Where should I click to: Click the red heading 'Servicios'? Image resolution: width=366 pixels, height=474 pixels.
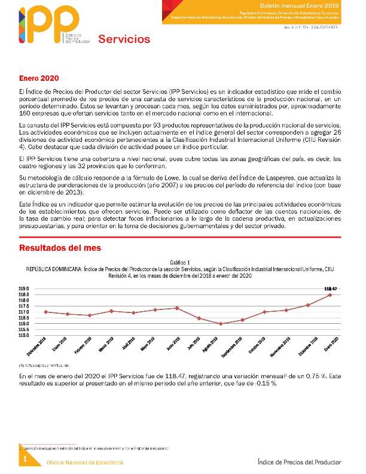pyautogui.click(x=124, y=39)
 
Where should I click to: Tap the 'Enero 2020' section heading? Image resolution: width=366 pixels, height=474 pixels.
pyautogui.click(x=39, y=78)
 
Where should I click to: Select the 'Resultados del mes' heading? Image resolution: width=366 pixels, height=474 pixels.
pyautogui.click(x=60, y=247)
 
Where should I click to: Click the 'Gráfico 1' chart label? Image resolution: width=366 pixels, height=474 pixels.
pyautogui.click(x=179, y=263)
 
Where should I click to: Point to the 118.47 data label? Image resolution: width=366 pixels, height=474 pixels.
pyautogui.click(x=331, y=289)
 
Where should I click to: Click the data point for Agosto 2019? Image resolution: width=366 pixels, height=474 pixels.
pyautogui.click(x=221, y=324)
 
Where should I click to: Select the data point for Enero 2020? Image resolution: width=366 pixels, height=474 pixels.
pyautogui.click(x=331, y=294)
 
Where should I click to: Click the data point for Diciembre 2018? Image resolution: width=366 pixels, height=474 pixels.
pyautogui.click(x=47, y=311)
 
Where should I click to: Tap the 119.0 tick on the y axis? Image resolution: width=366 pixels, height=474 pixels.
pyautogui.click(x=24, y=288)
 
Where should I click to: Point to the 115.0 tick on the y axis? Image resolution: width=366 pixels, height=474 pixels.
pyautogui.click(x=24, y=335)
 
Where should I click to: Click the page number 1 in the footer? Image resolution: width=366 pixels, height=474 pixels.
pyautogui.click(x=25, y=458)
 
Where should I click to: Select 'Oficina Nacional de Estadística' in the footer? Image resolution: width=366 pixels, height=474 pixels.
pyautogui.click(x=85, y=463)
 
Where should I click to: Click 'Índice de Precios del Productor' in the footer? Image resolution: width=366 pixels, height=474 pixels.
pyautogui.click(x=299, y=462)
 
